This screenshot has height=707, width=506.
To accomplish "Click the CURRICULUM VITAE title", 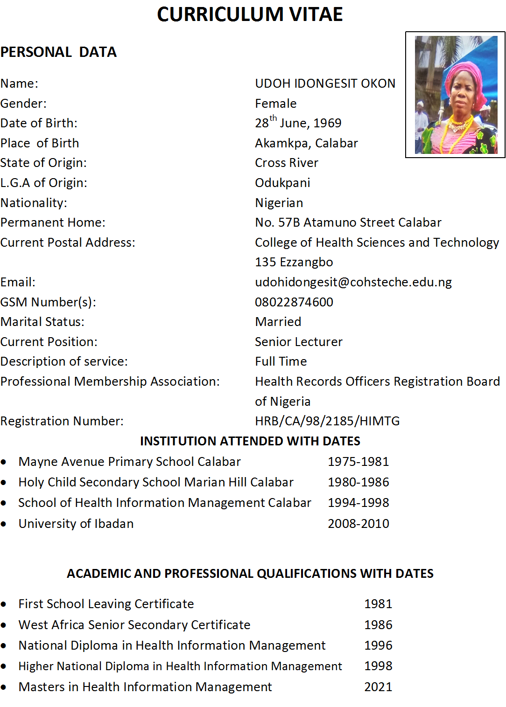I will [x=250, y=14].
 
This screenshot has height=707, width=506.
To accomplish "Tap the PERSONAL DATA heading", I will [x=58, y=52].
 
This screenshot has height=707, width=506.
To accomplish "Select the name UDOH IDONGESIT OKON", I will [x=325, y=83].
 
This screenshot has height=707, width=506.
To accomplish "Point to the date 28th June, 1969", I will [x=298, y=123].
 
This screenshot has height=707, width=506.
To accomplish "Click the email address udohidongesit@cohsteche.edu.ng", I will [x=353, y=282].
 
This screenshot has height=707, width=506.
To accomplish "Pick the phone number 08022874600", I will [x=294, y=302].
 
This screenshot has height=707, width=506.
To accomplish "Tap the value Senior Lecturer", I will [x=299, y=342].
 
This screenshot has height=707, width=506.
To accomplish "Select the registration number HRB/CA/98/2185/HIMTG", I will [x=327, y=421].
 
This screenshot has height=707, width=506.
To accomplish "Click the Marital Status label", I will [x=42, y=322].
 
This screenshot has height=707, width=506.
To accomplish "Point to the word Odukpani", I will [x=282, y=183].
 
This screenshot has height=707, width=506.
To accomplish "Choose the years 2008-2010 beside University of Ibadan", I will [x=358, y=524].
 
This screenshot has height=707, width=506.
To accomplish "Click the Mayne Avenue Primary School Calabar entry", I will [x=130, y=462].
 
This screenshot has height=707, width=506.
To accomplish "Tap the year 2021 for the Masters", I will [x=378, y=687].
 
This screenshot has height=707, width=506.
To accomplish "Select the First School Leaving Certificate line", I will [x=106, y=604].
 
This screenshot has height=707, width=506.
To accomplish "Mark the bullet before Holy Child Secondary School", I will [x=4, y=483].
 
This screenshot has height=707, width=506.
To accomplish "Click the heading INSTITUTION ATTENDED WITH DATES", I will [x=250, y=441].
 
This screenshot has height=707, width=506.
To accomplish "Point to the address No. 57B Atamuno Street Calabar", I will [x=348, y=222].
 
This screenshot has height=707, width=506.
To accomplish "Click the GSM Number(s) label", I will [x=48, y=302].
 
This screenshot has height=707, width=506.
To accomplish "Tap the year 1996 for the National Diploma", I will [x=378, y=645].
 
